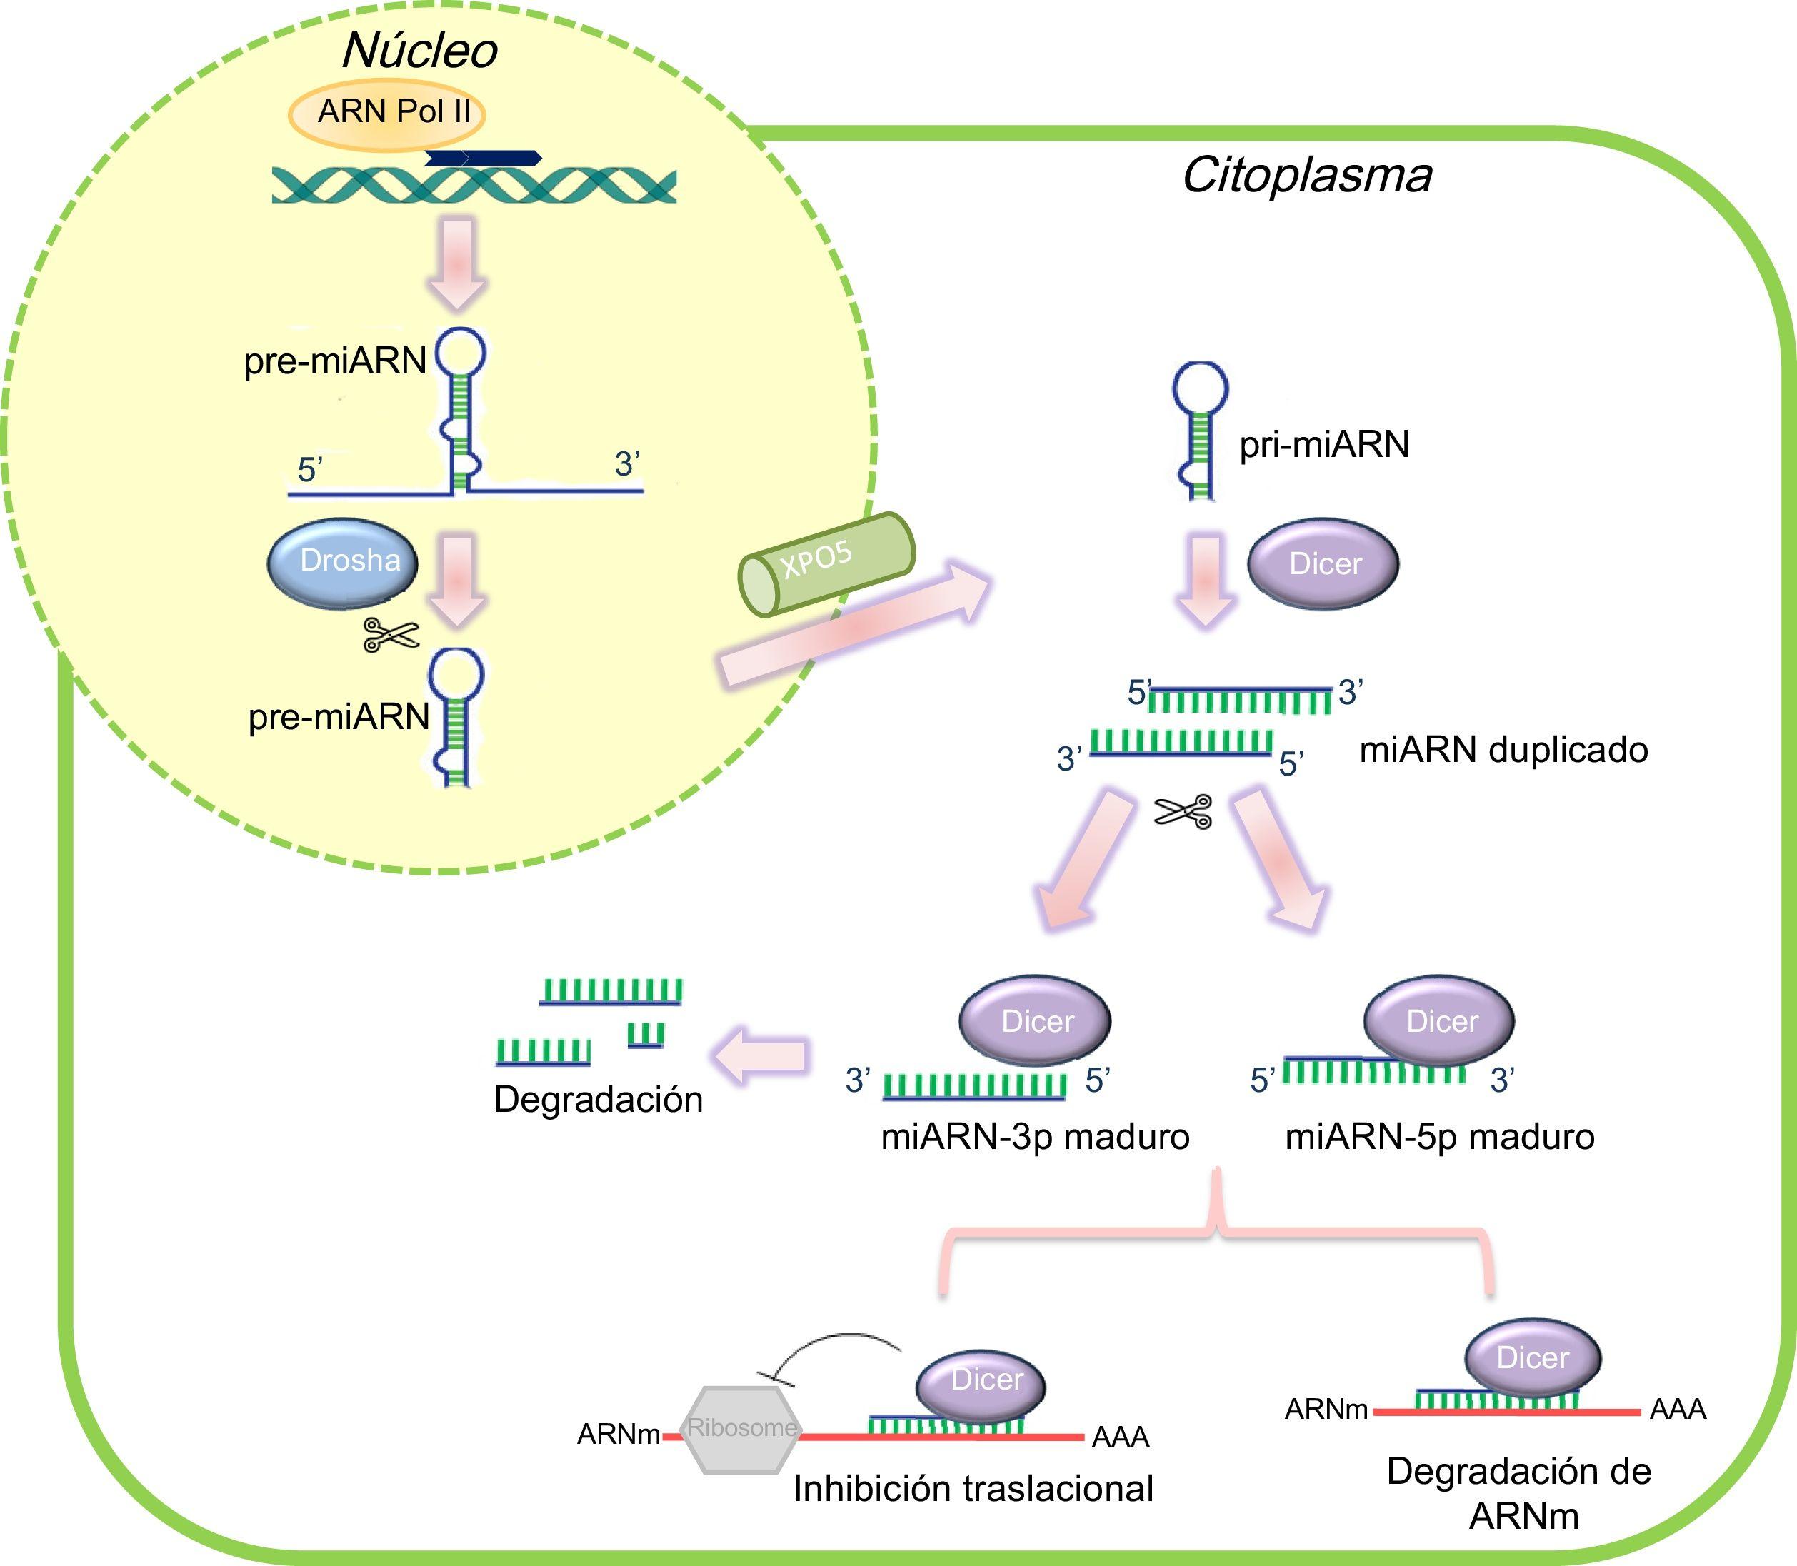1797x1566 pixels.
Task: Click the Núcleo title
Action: (419, 51)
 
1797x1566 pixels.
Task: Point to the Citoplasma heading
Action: (1306, 176)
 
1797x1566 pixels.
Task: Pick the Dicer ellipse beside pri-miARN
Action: (1323, 563)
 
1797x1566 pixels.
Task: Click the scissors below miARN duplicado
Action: (1183, 812)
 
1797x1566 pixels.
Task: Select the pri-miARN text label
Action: (1324, 445)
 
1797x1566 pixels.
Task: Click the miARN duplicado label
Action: (1503, 750)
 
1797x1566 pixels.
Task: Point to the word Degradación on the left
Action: (599, 1100)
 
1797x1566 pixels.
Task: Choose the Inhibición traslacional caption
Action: (973, 1489)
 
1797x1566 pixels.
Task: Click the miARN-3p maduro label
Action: (1036, 1137)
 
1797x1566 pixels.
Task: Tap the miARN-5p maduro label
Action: (1439, 1137)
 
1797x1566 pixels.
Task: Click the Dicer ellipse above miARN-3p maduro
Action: (1036, 1020)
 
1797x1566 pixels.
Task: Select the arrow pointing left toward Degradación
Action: (759, 1055)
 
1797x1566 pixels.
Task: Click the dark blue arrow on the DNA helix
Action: (483, 159)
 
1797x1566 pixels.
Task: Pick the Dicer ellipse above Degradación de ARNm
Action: (1532, 1357)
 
